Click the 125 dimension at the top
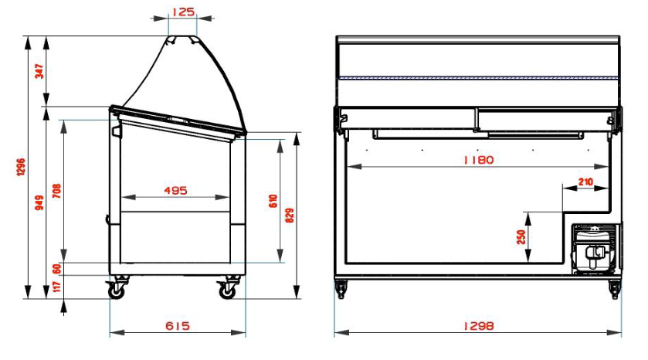coord(182,12)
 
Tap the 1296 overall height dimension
coord(21,167)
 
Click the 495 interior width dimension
coord(176,190)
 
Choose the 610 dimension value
coord(273,202)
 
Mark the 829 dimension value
coord(290,216)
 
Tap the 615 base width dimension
coord(178,325)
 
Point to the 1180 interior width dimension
coord(478,160)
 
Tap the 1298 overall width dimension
coord(478,325)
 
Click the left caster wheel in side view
coord(117,290)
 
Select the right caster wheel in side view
coord(228,290)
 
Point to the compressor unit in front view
coord(595,249)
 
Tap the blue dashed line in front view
coord(478,78)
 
